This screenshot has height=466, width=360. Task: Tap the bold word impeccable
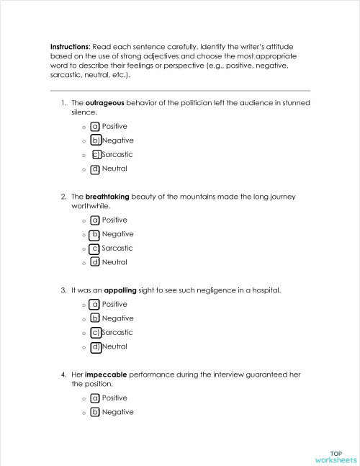click(x=107, y=375)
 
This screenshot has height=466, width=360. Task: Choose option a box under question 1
click(x=95, y=126)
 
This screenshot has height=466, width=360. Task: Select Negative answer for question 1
click(x=117, y=140)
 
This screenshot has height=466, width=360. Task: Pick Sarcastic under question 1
click(x=117, y=155)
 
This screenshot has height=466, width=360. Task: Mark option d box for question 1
click(x=95, y=169)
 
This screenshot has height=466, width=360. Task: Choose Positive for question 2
click(x=114, y=220)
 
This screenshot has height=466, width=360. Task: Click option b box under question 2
click(x=95, y=234)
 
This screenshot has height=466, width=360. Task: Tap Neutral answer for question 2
click(x=114, y=262)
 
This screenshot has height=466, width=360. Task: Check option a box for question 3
click(x=95, y=305)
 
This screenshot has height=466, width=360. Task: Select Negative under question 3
click(x=117, y=318)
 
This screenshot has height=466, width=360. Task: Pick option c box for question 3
click(x=95, y=333)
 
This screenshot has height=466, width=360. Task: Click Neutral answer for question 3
click(x=114, y=346)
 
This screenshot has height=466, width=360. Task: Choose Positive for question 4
click(x=114, y=398)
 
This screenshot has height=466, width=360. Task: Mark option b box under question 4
click(x=95, y=412)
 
